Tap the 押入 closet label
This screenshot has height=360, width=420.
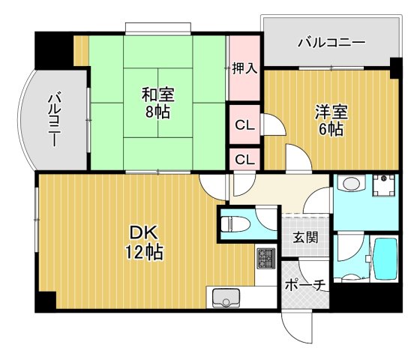tap(244, 68)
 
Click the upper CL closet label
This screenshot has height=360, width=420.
tap(244, 125)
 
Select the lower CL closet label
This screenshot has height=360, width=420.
tap(244, 159)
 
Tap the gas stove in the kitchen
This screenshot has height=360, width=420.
tap(266, 260)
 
